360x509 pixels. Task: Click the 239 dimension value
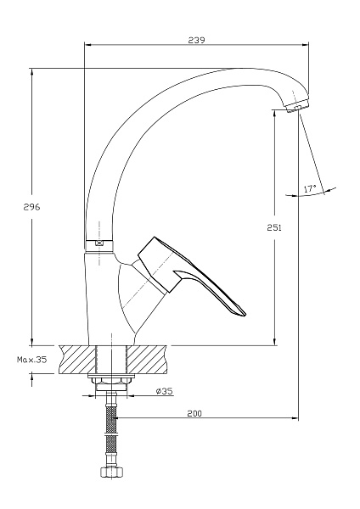(197, 40)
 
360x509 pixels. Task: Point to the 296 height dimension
(31, 207)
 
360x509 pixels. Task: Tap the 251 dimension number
(274, 227)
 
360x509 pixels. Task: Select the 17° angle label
(310, 188)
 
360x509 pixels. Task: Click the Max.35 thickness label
(32, 360)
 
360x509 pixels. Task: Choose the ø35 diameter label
(164, 391)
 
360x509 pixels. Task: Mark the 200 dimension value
(194, 413)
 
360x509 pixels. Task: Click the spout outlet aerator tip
(297, 107)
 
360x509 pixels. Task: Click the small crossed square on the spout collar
(99, 243)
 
